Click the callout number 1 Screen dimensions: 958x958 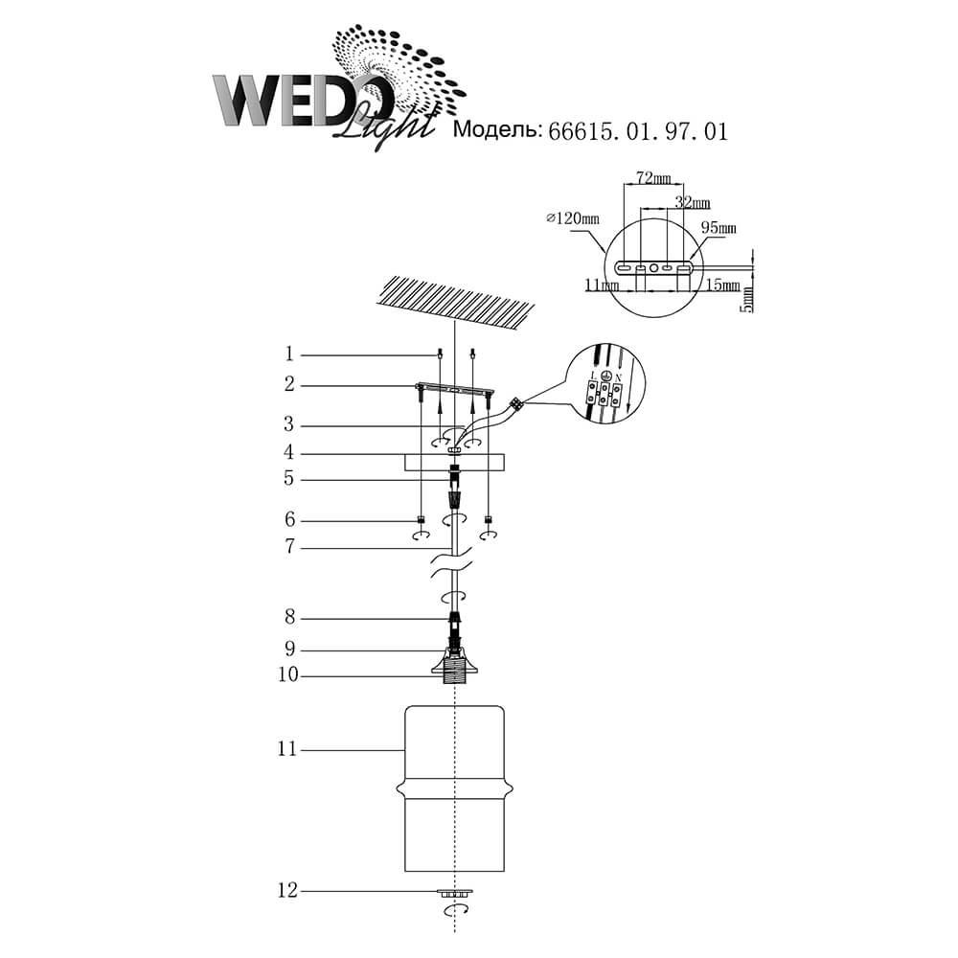[289, 354]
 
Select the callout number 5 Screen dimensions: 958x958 [289, 478]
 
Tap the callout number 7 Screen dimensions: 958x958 [289, 546]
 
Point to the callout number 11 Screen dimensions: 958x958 [287, 749]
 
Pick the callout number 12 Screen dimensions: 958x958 [287, 890]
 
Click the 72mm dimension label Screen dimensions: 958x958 [653, 178]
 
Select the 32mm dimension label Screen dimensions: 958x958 [693, 202]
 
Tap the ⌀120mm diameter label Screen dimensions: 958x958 [573, 218]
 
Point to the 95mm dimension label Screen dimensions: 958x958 [718, 228]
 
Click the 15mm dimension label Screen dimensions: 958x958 [722, 285]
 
